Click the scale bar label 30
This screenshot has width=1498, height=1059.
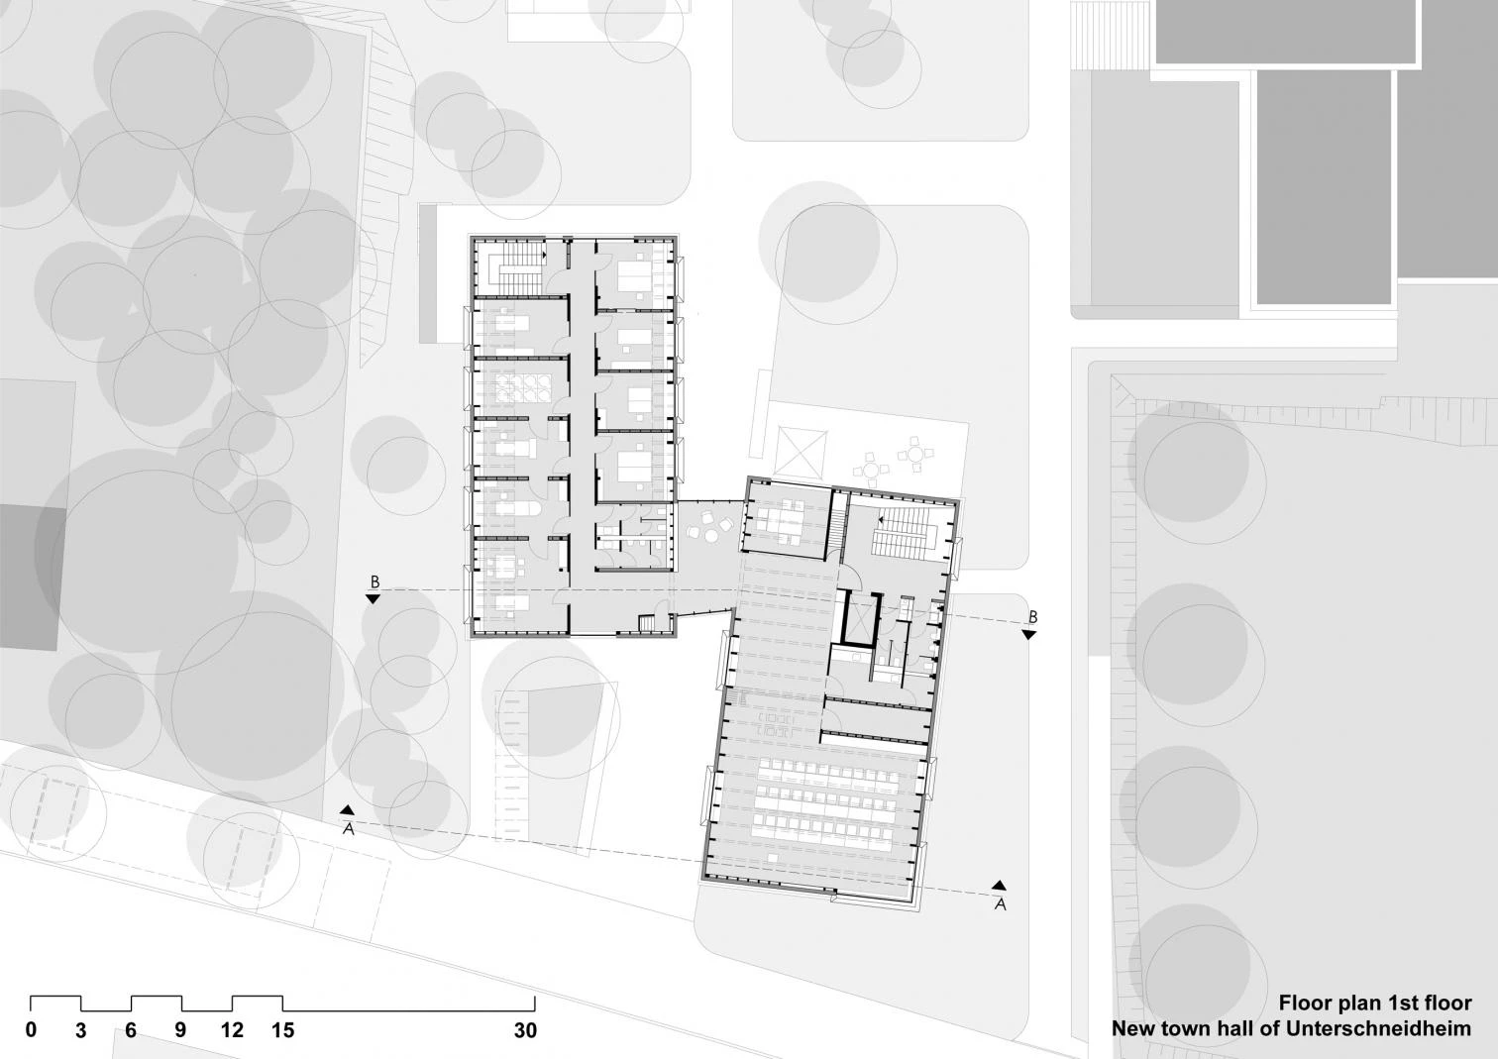coord(525,1030)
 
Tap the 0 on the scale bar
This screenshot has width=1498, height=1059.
coord(31,1030)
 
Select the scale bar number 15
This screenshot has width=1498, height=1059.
coord(283,1030)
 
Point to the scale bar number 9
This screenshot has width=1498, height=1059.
coord(180,1030)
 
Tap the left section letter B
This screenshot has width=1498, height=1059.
coord(374,582)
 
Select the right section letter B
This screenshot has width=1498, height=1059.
coord(1032,617)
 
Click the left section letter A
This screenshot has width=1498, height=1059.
coord(348,829)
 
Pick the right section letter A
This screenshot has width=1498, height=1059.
coord(1000,904)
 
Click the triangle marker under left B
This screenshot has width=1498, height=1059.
coord(374,599)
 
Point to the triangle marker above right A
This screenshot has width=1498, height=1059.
coord(999,885)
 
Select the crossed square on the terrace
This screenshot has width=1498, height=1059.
coord(802,452)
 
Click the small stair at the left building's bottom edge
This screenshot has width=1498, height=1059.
coord(647,623)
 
